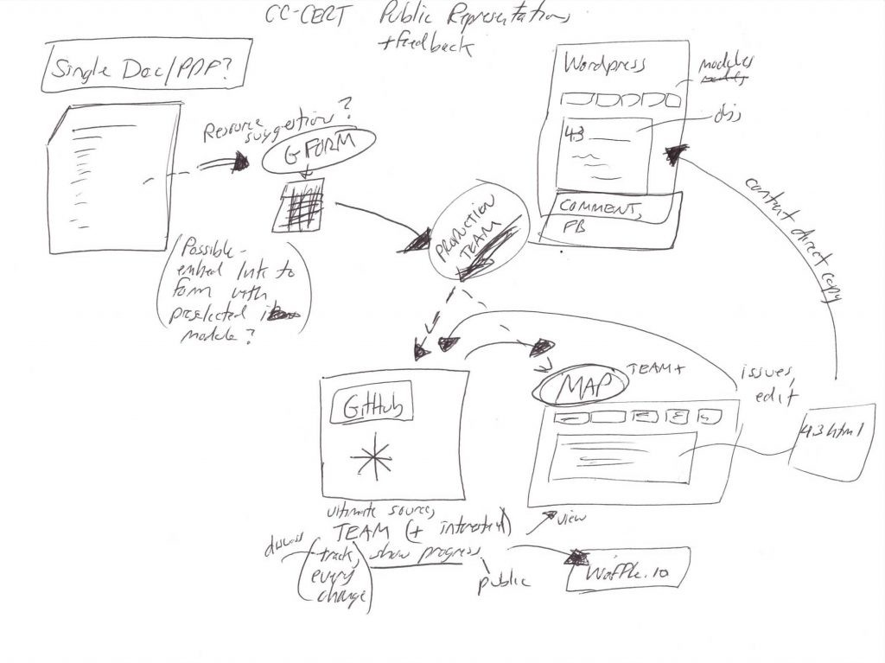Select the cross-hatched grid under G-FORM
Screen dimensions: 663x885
point(299,206)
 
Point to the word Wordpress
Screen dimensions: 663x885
point(605,65)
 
